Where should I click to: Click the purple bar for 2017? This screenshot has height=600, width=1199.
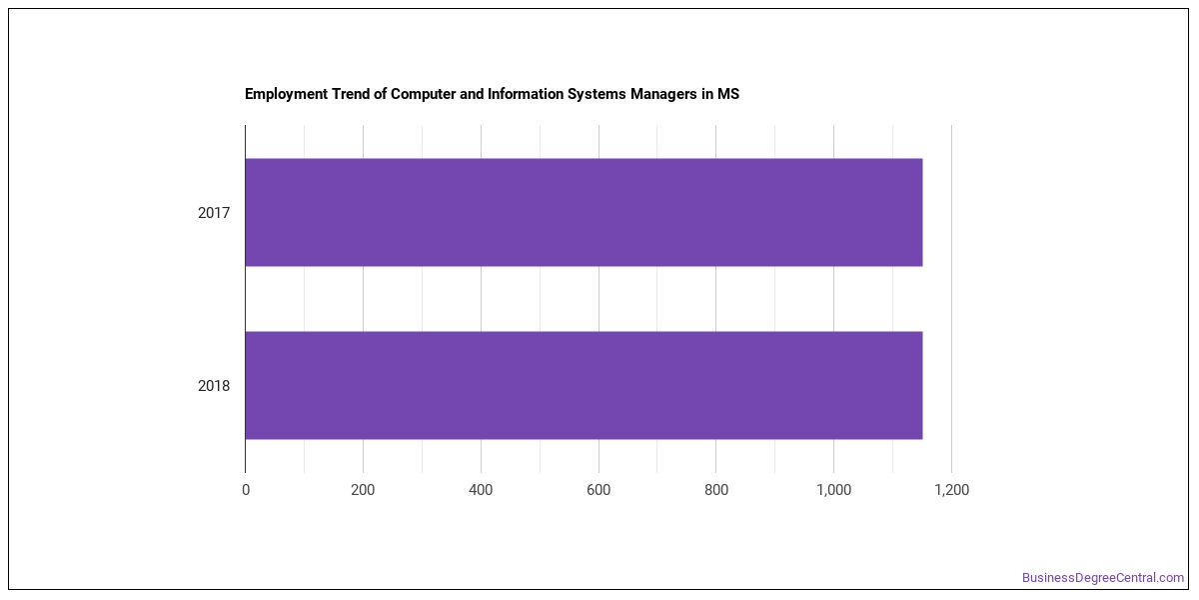pyautogui.click(x=584, y=212)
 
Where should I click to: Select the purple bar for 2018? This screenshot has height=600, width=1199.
pyautogui.click(x=584, y=385)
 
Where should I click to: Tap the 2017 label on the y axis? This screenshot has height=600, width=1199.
pyautogui.click(x=214, y=213)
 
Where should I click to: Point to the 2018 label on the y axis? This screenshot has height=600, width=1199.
pyautogui.click(x=214, y=386)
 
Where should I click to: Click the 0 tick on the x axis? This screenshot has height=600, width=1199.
pyautogui.click(x=246, y=490)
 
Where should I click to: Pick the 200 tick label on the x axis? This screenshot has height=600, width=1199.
pyautogui.click(x=363, y=490)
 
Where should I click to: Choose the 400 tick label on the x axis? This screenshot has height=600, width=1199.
pyautogui.click(x=481, y=490)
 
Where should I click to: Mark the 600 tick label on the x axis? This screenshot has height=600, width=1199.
pyautogui.click(x=599, y=490)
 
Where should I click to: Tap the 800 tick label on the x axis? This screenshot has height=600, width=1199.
pyautogui.click(x=716, y=490)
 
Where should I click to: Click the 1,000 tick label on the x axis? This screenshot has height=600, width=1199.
pyautogui.click(x=834, y=490)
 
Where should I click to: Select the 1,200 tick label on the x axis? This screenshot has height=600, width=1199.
pyautogui.click(x=951, y=490)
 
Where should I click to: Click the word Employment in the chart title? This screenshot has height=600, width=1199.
pyautogui.click(x=287, y=95)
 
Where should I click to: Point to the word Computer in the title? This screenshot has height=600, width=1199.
pyautogui.click(x=424, y=95)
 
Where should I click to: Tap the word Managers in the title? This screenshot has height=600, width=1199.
pyautogui.click(x=663, y=95)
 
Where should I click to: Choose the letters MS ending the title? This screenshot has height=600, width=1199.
pyautogui.click(x=728, y=94)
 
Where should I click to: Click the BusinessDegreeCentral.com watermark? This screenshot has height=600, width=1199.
pyautogui.click(x=1103, y=578)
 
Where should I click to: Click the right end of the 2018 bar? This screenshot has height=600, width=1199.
pyautogui.click(x=922, y=385)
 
